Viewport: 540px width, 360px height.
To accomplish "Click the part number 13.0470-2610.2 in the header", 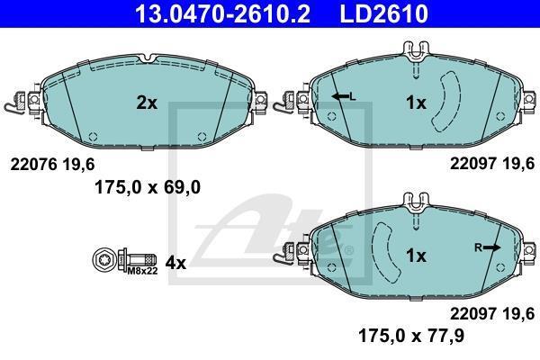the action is [x=222, y=13].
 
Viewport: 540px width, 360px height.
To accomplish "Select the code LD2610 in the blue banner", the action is [x=383, y=13].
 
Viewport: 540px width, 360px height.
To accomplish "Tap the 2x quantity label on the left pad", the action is [x=147, y=103].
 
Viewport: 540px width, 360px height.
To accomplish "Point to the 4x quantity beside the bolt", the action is [x=175, y=263].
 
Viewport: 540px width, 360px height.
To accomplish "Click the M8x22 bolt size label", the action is [x=142, y=271].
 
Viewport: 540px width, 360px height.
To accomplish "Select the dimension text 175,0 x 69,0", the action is [x=148, y=188].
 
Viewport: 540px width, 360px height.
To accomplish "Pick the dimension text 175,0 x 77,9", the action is [x=411, y=335].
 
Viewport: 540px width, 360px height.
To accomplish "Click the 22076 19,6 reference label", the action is [x=52, y=165].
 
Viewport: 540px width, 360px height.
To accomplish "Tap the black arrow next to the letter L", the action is [x=340, y=96].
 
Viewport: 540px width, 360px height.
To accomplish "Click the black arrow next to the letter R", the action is [x=491, y=247].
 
